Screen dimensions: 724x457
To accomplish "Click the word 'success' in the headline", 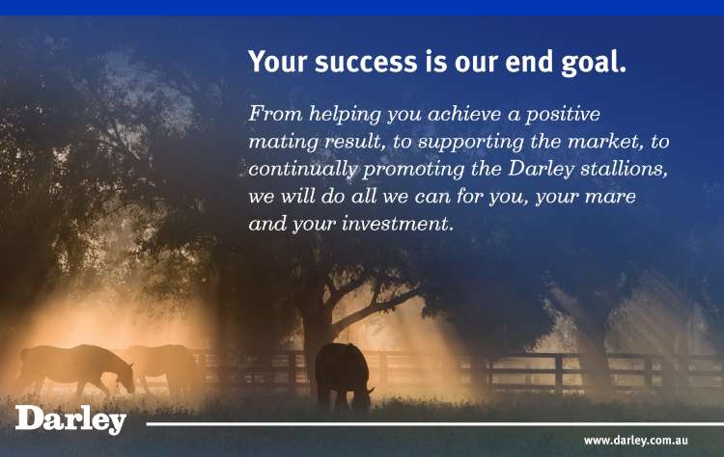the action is click(366, 62).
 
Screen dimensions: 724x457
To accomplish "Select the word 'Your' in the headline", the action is click(277, 62).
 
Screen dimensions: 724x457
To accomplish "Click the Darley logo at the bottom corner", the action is click(70, 419).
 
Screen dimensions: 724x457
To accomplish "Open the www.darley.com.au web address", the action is click(636, 441).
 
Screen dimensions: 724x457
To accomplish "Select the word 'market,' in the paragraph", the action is click(606, 142).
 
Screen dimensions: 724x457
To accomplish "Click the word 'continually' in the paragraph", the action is click(302, 170).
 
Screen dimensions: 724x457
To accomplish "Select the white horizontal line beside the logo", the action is click(435, 424).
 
